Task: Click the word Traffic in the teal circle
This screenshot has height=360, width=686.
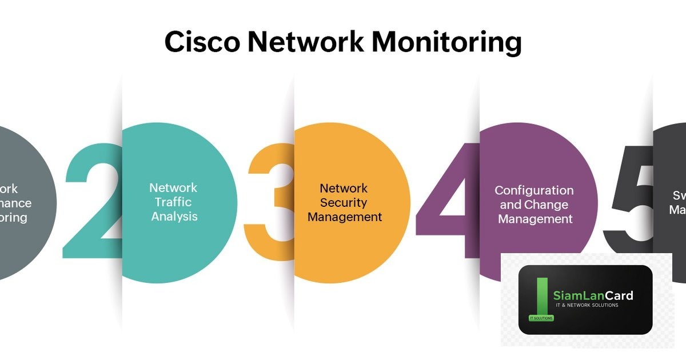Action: [x=173, y=202]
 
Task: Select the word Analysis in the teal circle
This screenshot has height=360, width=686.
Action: [x=174, y=217]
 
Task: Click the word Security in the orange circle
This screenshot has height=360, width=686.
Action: [x=344, y=202]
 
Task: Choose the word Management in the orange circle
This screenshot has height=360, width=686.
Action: [x=345, y=217]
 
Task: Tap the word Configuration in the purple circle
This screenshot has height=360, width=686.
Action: [x=534, y=190]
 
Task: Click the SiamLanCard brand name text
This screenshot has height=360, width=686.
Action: [x=593, y=295]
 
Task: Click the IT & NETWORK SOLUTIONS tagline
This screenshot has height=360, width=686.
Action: [x=587, y=306]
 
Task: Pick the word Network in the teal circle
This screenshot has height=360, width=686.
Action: [x=173, y=187]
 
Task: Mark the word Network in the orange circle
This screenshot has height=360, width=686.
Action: [x=344, y=187]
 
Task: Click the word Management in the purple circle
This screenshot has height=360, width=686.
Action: [x=535, y=219]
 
